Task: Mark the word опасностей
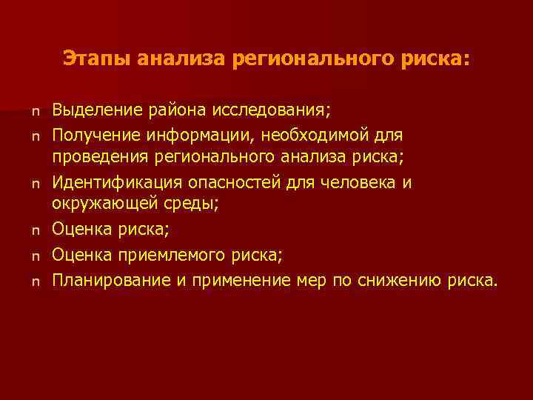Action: click(236, 183)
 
